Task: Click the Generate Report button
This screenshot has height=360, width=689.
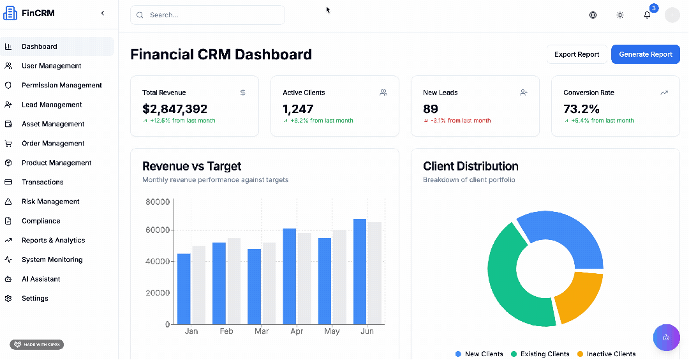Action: pyautogui.click(x=645, y=54)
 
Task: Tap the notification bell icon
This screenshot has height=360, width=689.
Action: pyautogui.click(x=647, y=15)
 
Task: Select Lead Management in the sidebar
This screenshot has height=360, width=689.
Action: pyautogui.click(x=52, y=105)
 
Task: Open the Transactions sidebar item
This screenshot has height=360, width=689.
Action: pyautogui.click(x=42, y=182)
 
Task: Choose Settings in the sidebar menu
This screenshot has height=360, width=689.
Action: pyautogui.click(x=34, y=298)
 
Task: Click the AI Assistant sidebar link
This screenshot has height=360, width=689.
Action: pyautogui.click(x=41, y=279)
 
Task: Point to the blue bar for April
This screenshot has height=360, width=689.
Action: pyautogui.click(x=290, y=276)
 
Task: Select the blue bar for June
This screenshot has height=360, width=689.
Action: pyautogui.click(x=360, y=271)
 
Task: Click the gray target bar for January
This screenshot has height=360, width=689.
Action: pyautogui.click(x=198, y=285)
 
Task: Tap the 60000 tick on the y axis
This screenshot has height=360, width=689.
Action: pyautogui.click(x=158, y=230)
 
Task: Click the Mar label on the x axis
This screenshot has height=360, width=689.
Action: pyautogui.click(x=262, y=331)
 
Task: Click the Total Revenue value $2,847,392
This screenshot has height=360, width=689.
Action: pyautogui.click(x=175, y=109)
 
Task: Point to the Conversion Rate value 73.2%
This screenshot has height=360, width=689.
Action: pyautogui.click(x=581, y=109)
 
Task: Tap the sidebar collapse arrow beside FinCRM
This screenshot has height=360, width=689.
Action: pyautogui.click(x=103, y=13)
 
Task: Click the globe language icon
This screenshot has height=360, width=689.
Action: pyautogui.click(x=593, y=15)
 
